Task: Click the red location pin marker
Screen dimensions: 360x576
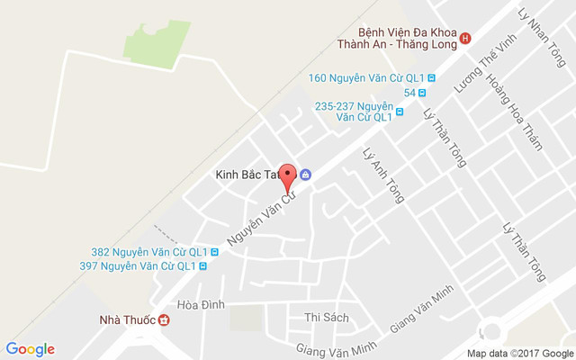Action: coord(288,174)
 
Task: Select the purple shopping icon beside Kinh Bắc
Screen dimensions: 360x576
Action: coord(306,175)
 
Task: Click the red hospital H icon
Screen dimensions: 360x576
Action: coord(465,38)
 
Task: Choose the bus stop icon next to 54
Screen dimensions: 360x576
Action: coord(421,92)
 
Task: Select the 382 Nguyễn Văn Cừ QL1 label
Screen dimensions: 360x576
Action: coord(149,252)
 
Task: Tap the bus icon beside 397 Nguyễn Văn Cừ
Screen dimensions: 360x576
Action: coord(202,265)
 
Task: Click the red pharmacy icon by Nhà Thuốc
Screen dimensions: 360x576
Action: coord(164,319)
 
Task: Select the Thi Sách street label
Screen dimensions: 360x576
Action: coord(326,317)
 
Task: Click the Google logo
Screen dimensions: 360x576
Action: coord(31,349)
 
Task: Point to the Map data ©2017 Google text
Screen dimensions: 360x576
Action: coord(519,353)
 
